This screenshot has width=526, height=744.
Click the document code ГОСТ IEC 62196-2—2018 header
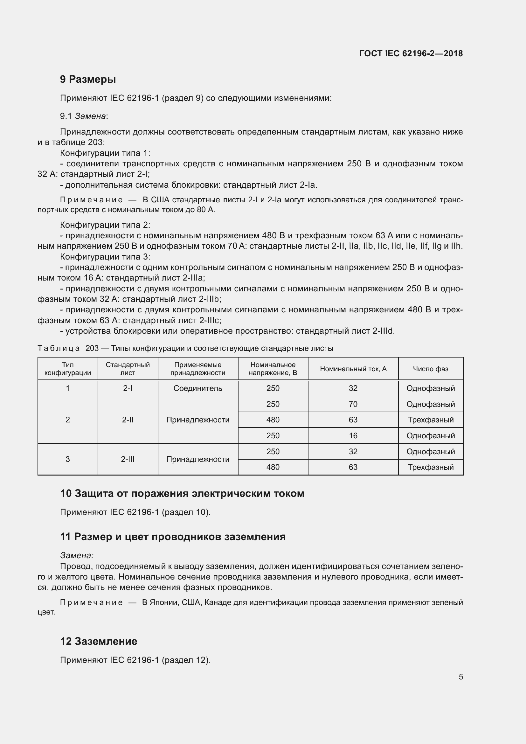click(411, 53)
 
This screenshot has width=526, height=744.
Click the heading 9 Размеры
click(88, 79)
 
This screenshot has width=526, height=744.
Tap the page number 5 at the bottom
click(460, 677)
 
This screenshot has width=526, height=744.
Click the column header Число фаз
click(430, 369)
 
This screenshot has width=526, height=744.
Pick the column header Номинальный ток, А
click(353, 369)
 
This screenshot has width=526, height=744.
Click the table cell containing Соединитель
click(197, 388)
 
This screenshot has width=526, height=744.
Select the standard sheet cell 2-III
click(128, 459)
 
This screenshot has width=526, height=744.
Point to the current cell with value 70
click(353, 404)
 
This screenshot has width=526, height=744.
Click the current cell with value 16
click(353, 435)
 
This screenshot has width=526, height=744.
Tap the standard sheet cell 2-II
click(128, 420)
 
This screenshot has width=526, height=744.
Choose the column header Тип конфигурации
click(67, 369)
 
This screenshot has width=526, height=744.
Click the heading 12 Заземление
click(99, 641)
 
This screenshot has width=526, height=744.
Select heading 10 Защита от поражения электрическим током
click(182, 494)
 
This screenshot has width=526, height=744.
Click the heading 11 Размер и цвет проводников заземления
click(173, 537)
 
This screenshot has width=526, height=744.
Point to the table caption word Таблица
click(59, 348)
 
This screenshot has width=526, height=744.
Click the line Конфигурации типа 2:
click(105, 225)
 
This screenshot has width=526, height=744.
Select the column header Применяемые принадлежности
click(197, 369)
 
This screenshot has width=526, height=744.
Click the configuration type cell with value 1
click(67, 388)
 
